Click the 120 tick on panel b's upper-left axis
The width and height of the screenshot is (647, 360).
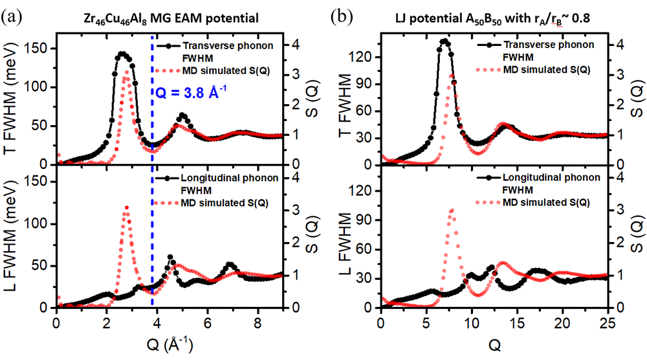(x=366, y=57)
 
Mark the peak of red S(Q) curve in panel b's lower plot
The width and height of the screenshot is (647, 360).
(x=452, y=210)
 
